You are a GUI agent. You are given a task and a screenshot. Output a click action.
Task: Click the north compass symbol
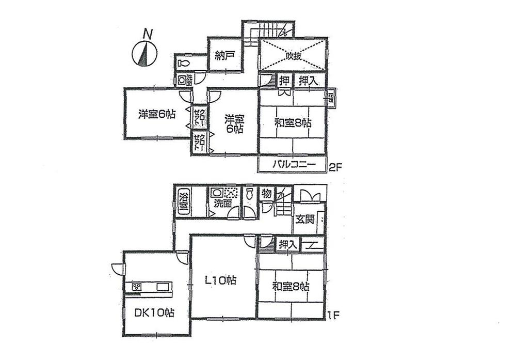tap(144, 54)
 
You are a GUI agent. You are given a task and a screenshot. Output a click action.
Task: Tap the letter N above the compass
tap(148, 35)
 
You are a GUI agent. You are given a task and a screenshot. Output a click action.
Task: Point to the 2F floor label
tap(336, 167)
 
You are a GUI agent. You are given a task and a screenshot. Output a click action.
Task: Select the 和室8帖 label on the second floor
tap(292, 123)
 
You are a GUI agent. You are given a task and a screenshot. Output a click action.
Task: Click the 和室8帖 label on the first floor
tap(291, 286)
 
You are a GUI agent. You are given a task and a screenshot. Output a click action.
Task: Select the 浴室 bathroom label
tap(183, 201)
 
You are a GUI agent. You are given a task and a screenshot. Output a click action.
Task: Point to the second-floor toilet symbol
tap(183, 64)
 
